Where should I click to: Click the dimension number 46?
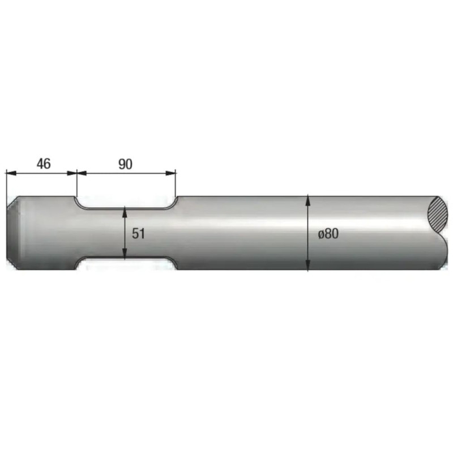(44, 164)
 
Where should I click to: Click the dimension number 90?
(125, 164)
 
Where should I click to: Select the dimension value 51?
(138, 233)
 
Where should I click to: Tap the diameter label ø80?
(328, 233)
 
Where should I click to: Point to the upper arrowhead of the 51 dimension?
(125, 211)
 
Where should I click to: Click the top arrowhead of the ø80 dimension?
(308, 200)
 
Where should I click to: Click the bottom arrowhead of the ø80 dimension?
(308, 265)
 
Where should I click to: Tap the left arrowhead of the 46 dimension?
(11, 173)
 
